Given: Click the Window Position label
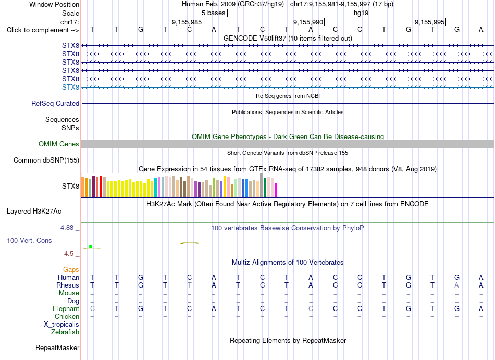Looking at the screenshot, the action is point(54,4).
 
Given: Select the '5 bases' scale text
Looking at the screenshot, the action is point(214,13).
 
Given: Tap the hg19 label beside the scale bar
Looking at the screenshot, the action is point(361,13).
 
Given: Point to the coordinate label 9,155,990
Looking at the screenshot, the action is point(308,22).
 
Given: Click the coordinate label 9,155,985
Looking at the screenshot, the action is point(187,22).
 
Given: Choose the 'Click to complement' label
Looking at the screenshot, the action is point(43,30).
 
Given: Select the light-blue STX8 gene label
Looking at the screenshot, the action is point(70,87).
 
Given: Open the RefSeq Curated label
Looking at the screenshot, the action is point(55,104).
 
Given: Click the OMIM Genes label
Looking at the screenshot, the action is point(59,144).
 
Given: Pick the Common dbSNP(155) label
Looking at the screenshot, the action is point(46,160).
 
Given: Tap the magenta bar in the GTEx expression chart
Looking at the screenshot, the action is point(276,190).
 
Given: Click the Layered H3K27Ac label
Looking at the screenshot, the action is point(34,212).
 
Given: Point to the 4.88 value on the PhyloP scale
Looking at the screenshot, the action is point(67,228).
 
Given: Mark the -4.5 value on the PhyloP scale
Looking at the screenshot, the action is point(68,254).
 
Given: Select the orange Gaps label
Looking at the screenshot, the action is point(71,269).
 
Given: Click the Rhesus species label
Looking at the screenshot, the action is point(68,285).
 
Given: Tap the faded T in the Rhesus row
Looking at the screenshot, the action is point(190,285).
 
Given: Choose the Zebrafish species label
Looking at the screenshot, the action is point(65,332).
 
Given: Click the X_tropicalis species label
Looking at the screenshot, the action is point(61,325).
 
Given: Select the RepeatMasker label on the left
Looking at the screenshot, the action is point(57,347).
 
